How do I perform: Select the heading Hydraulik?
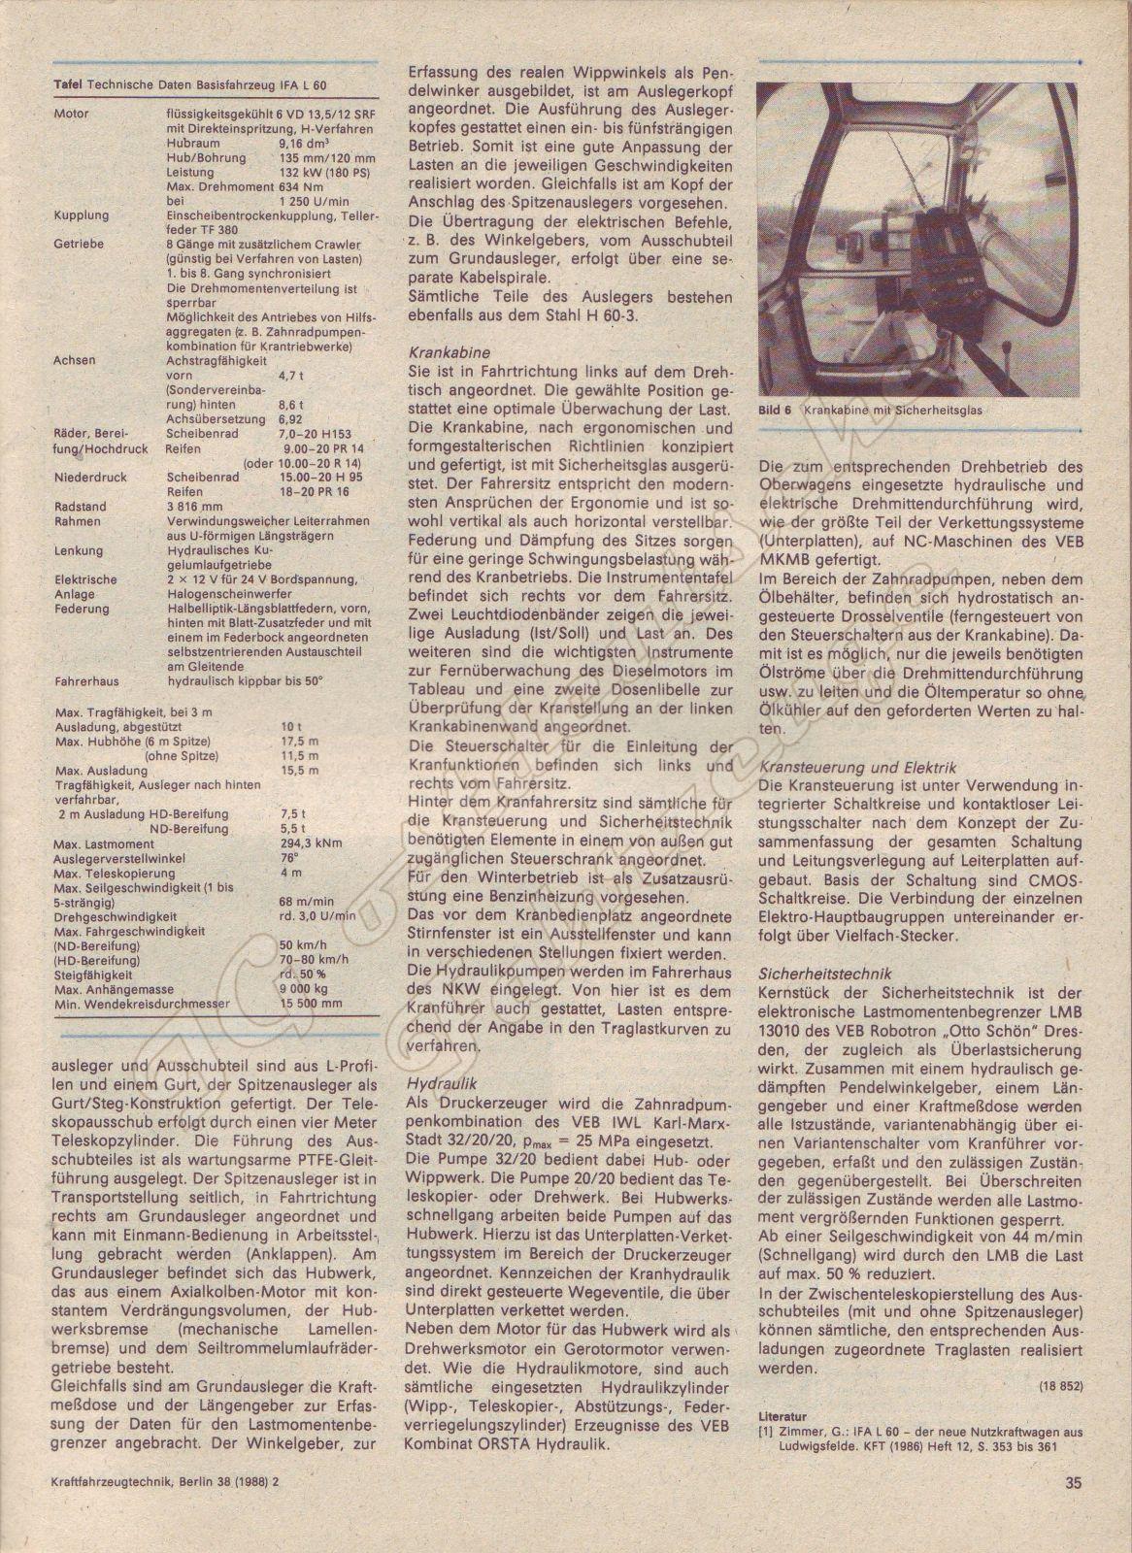click(436, 1081)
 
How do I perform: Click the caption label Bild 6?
click(773, 411)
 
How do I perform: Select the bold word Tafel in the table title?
click(67, 86)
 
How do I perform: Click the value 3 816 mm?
click(195, 506)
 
